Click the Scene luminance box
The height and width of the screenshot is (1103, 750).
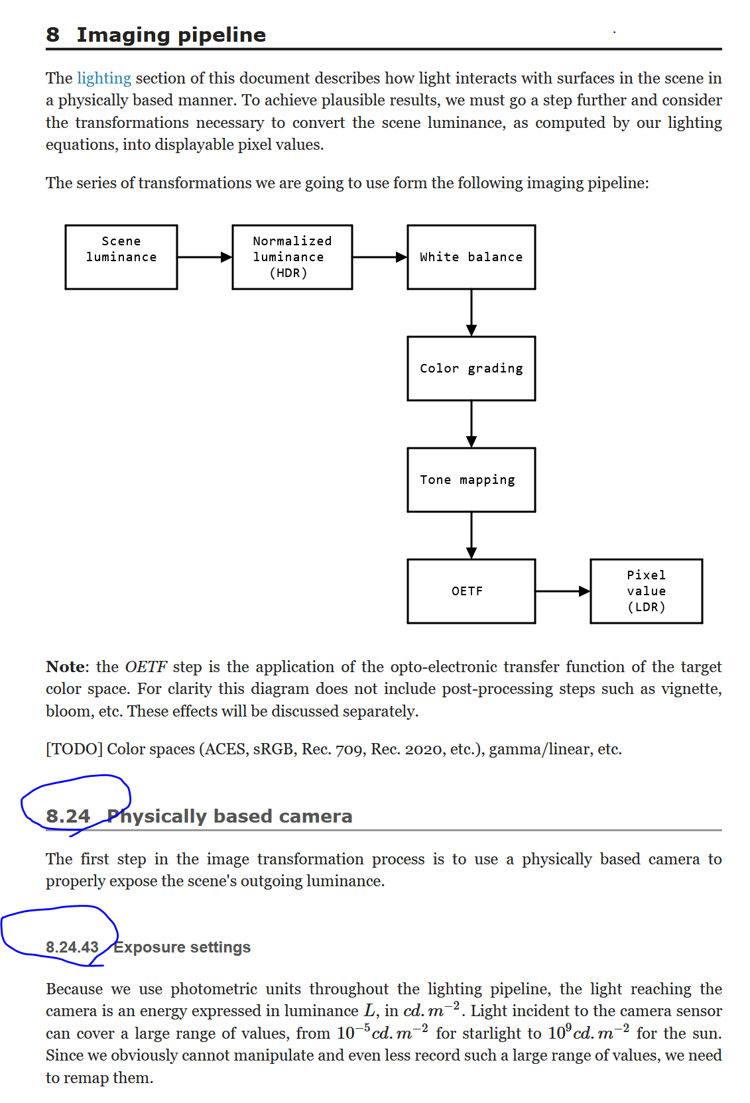121,257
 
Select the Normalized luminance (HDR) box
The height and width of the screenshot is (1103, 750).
292,257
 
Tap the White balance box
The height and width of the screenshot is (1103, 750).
471,257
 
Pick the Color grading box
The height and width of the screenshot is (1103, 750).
471,368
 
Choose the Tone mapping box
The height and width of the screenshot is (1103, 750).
471,479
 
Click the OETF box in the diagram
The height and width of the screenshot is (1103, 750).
471,591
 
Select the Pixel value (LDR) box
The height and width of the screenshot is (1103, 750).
646,591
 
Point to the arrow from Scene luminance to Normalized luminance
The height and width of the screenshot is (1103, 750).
204,257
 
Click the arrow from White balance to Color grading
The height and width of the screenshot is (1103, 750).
471,312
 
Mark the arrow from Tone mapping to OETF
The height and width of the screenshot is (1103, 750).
471,535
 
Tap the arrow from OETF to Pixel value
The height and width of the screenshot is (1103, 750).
562,591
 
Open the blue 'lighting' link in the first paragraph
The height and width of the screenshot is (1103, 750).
104,78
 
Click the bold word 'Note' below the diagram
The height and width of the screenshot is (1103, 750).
66,667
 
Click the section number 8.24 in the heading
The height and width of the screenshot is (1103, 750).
68,816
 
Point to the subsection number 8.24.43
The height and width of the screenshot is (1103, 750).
72,947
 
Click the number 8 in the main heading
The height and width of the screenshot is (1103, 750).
53,34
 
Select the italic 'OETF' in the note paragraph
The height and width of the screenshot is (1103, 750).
145,667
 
